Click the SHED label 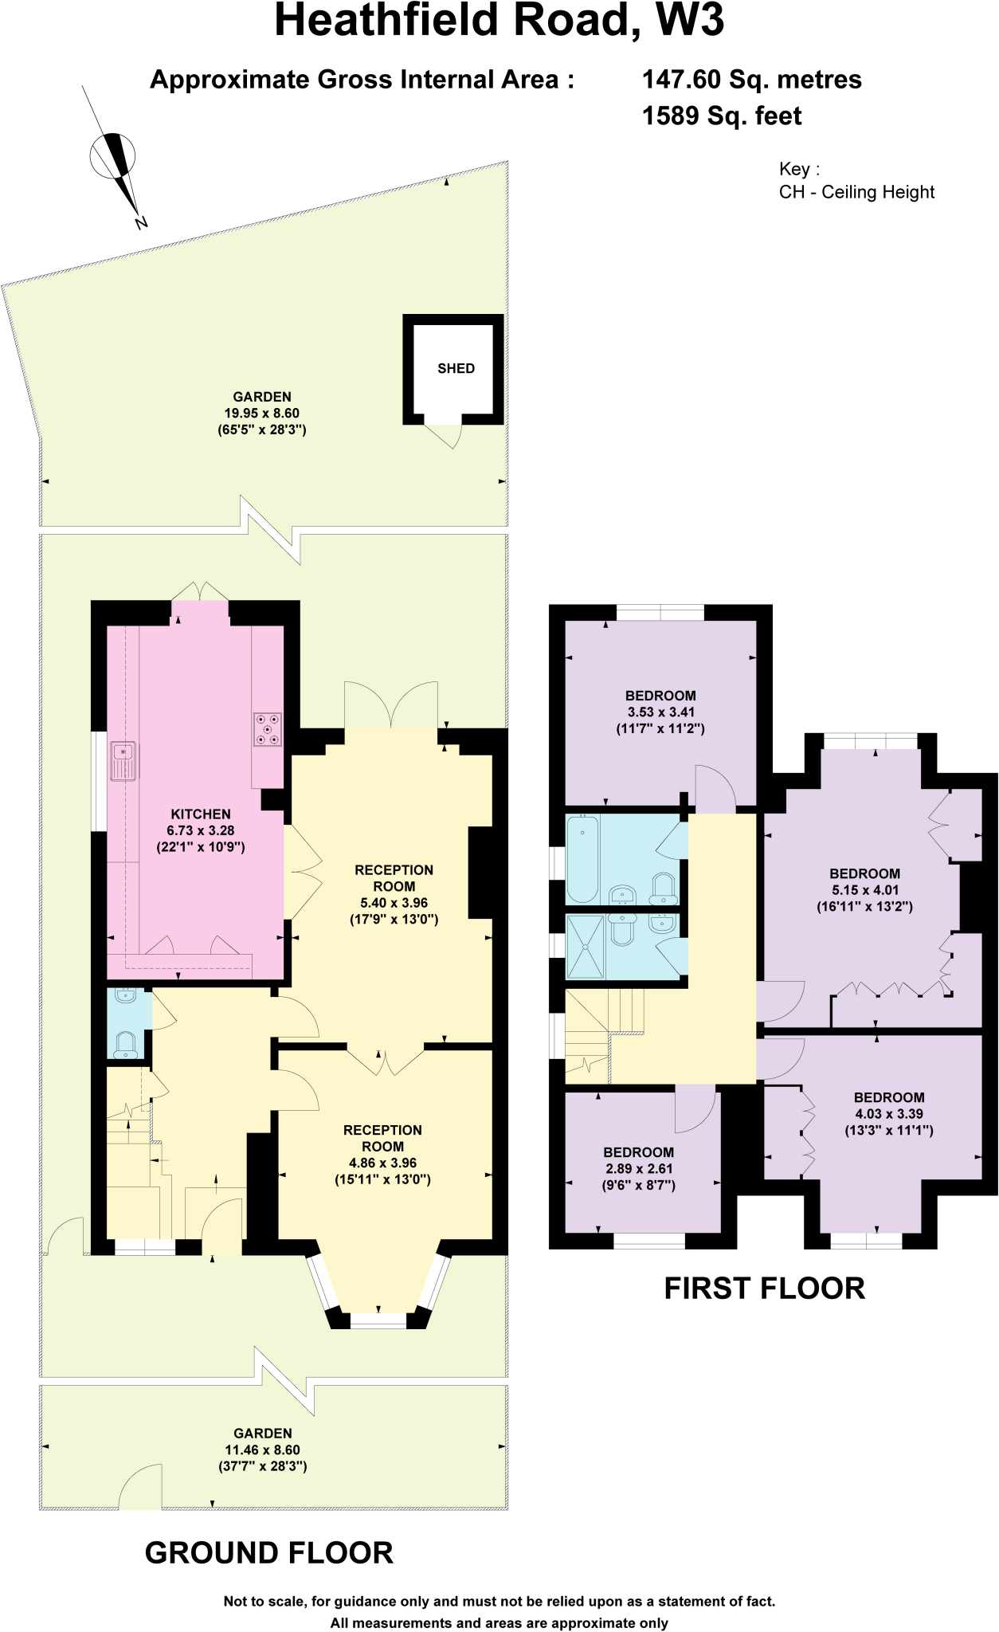tap(456, 368)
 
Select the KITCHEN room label tap(201, 814)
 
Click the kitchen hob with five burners tap(268, 729)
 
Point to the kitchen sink tap(123, 761)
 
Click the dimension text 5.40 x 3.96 tap(394, 903)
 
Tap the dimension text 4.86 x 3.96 tap(382, 1163)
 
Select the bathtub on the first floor tap(582, 859)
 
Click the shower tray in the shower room tap(585, 947)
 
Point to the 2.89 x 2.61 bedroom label tap(638, 1168)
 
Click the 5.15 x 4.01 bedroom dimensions tap(864, 890)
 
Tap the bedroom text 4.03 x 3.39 tap(889, 1114)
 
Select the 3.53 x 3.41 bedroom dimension tap(660, 712)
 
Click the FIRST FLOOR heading tap(764, 1289)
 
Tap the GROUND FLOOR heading tap(269, 1553)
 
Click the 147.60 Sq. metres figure tap(751, 80)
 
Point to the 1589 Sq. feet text tap(721, 116)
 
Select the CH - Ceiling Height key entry tap(856, 192)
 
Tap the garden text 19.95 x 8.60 tap(262, 413)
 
